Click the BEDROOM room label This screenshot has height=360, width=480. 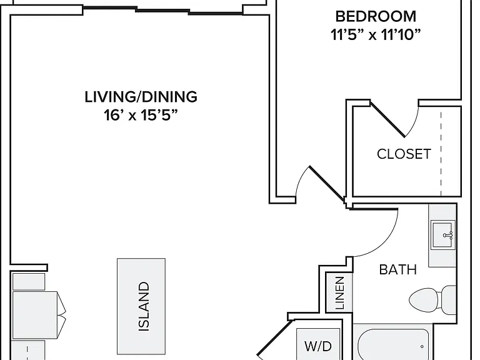pos(376,16)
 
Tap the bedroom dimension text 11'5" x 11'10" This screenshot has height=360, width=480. pos(376,34)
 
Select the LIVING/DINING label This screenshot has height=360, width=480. pos(141,97)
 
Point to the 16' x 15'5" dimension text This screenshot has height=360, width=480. pos(141,116)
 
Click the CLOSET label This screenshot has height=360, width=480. pos(404,154)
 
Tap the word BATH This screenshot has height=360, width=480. pos(398,270)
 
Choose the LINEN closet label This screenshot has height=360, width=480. pos(340,293)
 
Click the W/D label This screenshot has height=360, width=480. pos(318,346)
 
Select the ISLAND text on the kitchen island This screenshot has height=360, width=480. pos(144,306)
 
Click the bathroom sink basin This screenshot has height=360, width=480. pos(442,235)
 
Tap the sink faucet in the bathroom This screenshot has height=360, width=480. pos(448,235)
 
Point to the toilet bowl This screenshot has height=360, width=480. pos(424,301)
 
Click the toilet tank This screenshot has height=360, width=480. pos(449,300)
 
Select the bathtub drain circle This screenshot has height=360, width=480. pos(422,346)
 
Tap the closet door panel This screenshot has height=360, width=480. pos(388,119)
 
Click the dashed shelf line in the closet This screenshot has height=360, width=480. pos(441,154)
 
